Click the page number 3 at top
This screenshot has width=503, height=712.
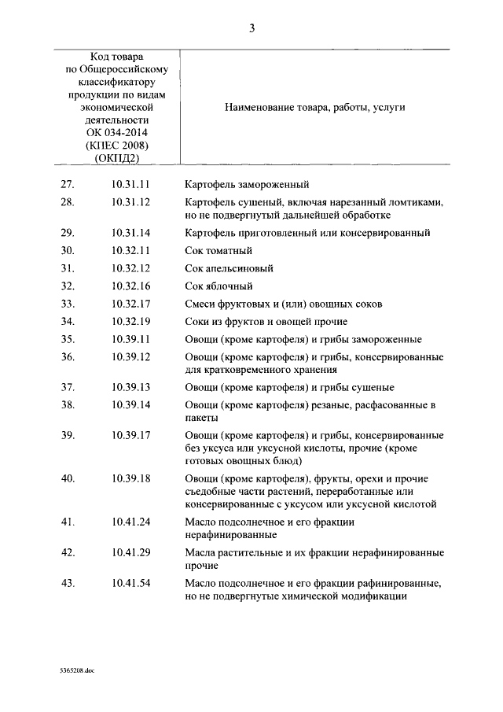(251, 29)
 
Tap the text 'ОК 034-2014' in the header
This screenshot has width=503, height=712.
(116, 132)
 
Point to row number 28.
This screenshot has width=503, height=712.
(67, 202)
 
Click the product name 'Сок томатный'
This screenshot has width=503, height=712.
(218, 251)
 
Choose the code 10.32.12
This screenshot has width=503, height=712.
(130, 268)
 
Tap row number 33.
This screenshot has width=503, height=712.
(67, 304)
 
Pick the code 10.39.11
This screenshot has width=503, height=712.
(130, 339)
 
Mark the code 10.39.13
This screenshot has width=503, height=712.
(130, 387)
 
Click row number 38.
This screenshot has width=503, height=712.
(67, 405)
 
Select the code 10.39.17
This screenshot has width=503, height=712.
(130, 435)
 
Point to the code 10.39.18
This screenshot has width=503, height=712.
(130, 478)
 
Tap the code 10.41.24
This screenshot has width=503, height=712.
(130, 522)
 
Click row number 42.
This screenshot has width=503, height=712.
(67, 552)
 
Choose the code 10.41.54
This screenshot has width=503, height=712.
(130, 583)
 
